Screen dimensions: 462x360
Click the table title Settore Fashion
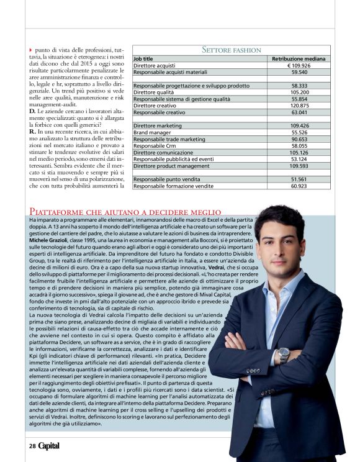pos(232,50)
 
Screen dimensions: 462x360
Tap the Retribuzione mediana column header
pos(300,58)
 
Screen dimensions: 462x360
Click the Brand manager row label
pos(153,132)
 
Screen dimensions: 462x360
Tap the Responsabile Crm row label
pos(156,146)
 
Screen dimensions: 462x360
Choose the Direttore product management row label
pos(171,166)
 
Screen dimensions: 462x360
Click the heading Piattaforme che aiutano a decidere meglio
pos(125,212)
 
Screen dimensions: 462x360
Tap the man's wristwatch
pos(284,354)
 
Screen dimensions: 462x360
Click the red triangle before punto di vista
pos(31,49)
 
